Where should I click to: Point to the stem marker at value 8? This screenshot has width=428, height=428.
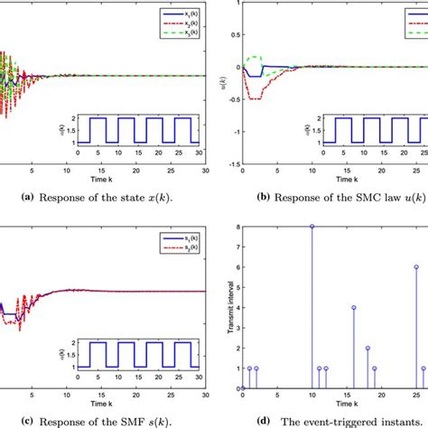click(x=312, y=226)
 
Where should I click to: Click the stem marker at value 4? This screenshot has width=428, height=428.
click(x=354, y=307)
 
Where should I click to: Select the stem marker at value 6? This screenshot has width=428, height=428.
click(x=416, y=266)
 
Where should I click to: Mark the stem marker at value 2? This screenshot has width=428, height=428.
click(x=368, y=348)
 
